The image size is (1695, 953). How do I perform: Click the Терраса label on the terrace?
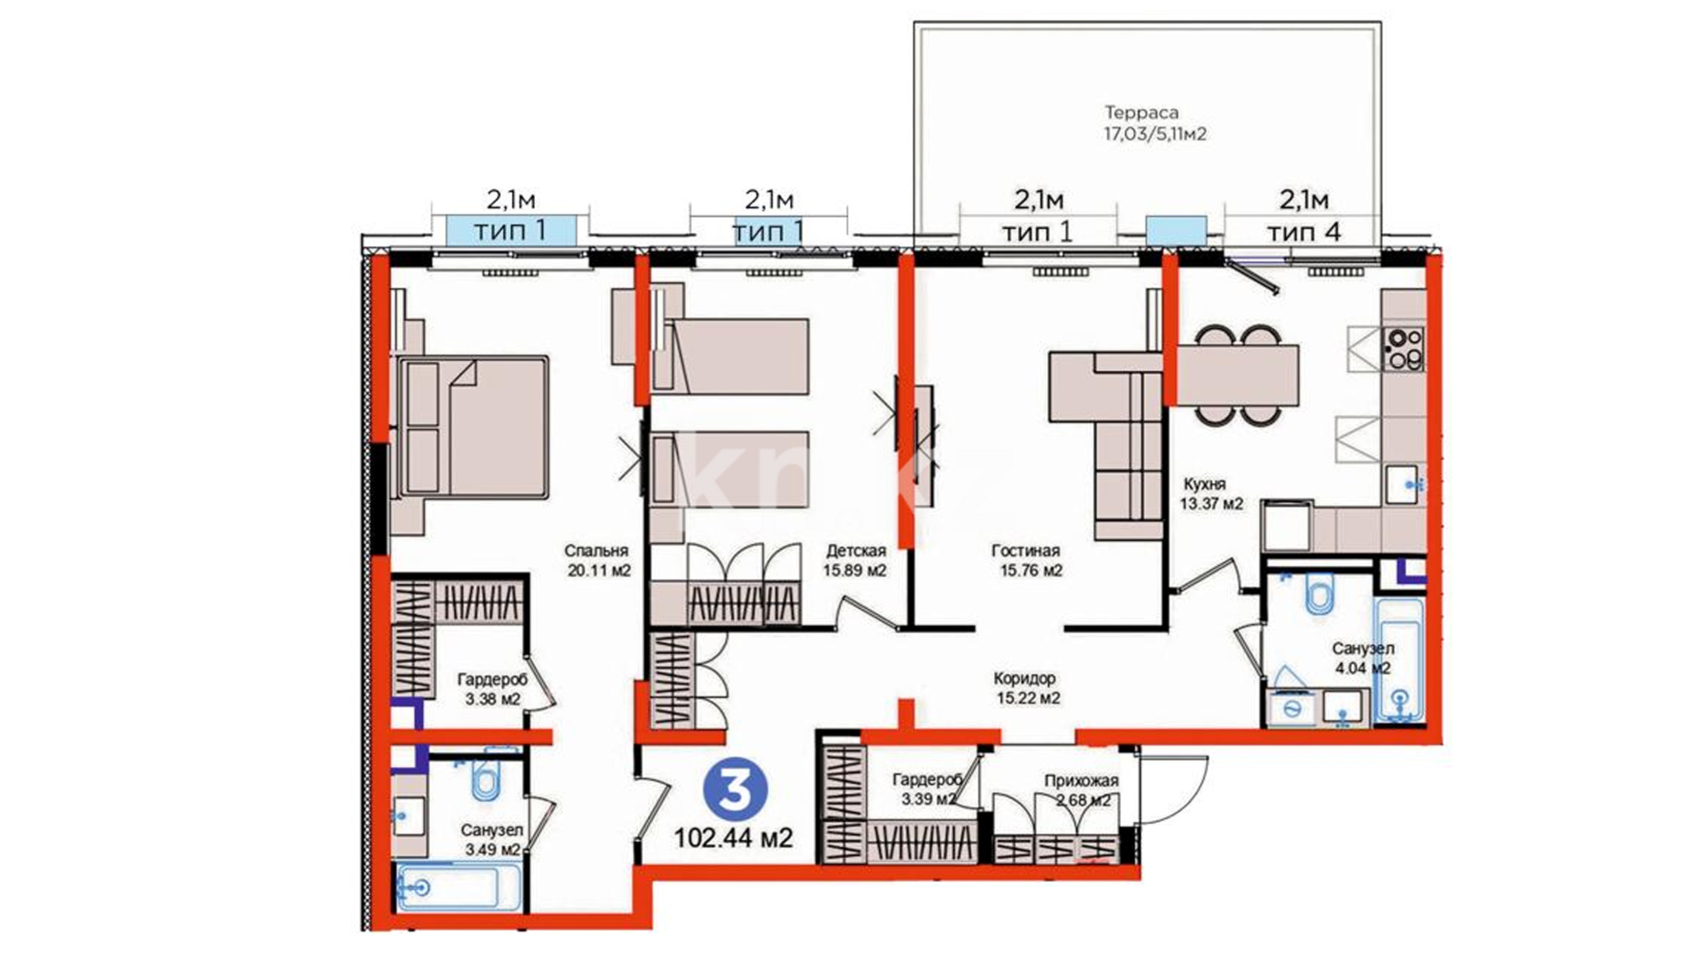tap(1141, 113)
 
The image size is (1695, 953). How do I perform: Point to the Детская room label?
tap(855, 552)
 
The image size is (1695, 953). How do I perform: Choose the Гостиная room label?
tap(1026, 552)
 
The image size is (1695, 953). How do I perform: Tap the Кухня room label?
tap(1205, 484)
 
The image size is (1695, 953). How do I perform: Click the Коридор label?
tap(1025, 679)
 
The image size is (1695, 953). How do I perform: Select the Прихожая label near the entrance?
tap(1081, 781)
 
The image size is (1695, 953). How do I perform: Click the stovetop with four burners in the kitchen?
tap(1403, 349)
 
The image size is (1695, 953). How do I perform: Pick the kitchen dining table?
tap(1238, 375)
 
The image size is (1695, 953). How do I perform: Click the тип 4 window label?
tap(1304, 232)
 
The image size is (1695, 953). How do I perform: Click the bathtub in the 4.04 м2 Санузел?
tap(1399, 662)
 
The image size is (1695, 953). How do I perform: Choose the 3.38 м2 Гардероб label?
tap(492, 689)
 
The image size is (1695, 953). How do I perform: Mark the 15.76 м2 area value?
tap(1031, 571)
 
